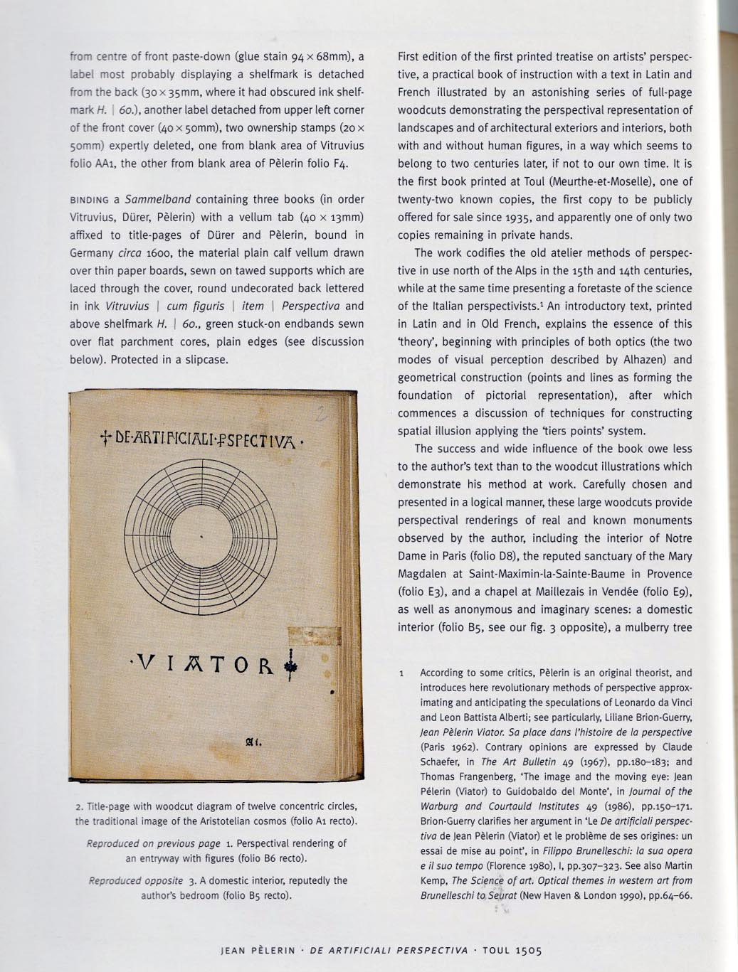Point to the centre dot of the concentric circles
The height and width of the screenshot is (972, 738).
204,537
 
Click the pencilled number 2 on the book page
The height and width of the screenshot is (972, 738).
322,414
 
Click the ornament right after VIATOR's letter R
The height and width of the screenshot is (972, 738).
290,666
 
